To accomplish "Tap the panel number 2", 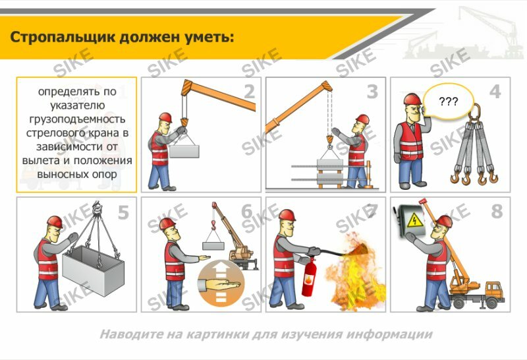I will pos(248,92).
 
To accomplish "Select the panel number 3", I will pos(373,92).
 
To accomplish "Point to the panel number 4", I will pos(495,92).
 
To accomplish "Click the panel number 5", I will pos(124,212).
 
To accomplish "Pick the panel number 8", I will pos(496,212).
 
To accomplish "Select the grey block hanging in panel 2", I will pos(184,150).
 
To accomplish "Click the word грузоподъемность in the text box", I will pos(76,119).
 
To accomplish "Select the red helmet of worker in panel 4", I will pos(412,100).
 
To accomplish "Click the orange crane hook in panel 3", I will pos(328,140).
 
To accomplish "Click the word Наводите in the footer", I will pos(126,334).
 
